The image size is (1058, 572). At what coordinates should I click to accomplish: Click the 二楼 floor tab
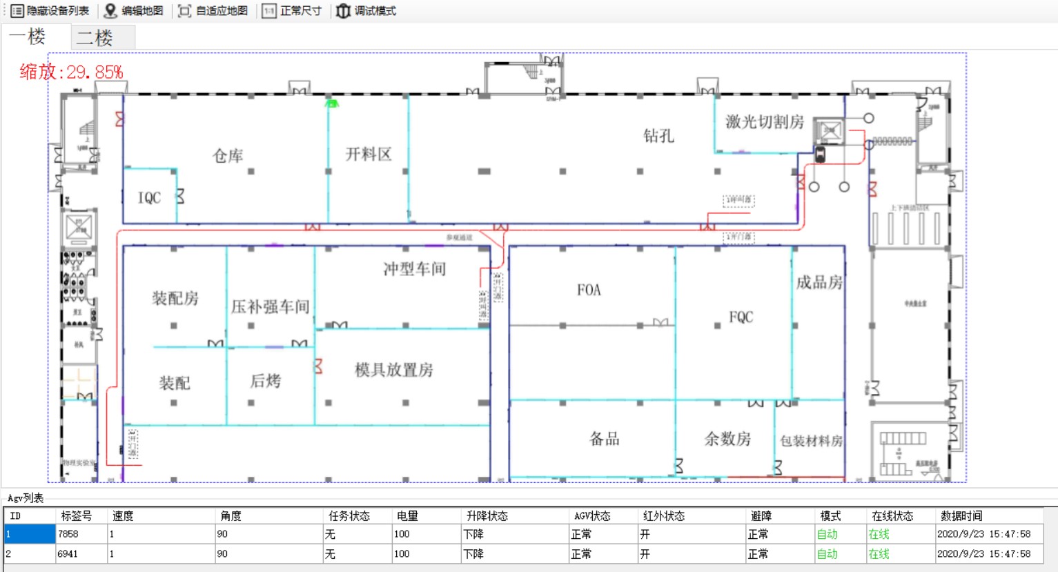pos(95,37)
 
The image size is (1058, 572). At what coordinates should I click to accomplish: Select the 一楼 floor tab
pos(28,37)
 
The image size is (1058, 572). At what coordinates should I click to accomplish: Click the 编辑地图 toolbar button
pos(135,11)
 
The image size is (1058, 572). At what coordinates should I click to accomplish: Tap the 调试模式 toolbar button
pos(366,11)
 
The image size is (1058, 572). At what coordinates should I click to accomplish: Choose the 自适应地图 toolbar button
pos(213,11)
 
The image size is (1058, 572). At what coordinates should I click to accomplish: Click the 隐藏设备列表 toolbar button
pos(50,11)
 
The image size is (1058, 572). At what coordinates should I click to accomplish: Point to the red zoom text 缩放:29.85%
pos(71,72)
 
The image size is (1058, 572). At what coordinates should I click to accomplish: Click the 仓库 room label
pos(228,156)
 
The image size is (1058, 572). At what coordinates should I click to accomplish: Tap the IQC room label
pos(149,198)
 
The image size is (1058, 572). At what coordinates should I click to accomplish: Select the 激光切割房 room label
pos(765,122)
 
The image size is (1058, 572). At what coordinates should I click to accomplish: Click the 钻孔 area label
pos(658,136)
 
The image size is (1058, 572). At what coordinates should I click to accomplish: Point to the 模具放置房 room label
pos(393,371)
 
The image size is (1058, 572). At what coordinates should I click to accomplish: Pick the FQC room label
pos(741,317)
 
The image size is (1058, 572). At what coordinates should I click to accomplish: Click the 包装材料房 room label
pos(811,441)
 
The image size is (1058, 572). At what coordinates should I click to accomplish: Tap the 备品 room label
pos(604,439)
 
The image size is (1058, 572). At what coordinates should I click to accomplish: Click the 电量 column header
pos(407,515)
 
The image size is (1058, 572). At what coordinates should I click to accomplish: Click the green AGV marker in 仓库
pos(332,103)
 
